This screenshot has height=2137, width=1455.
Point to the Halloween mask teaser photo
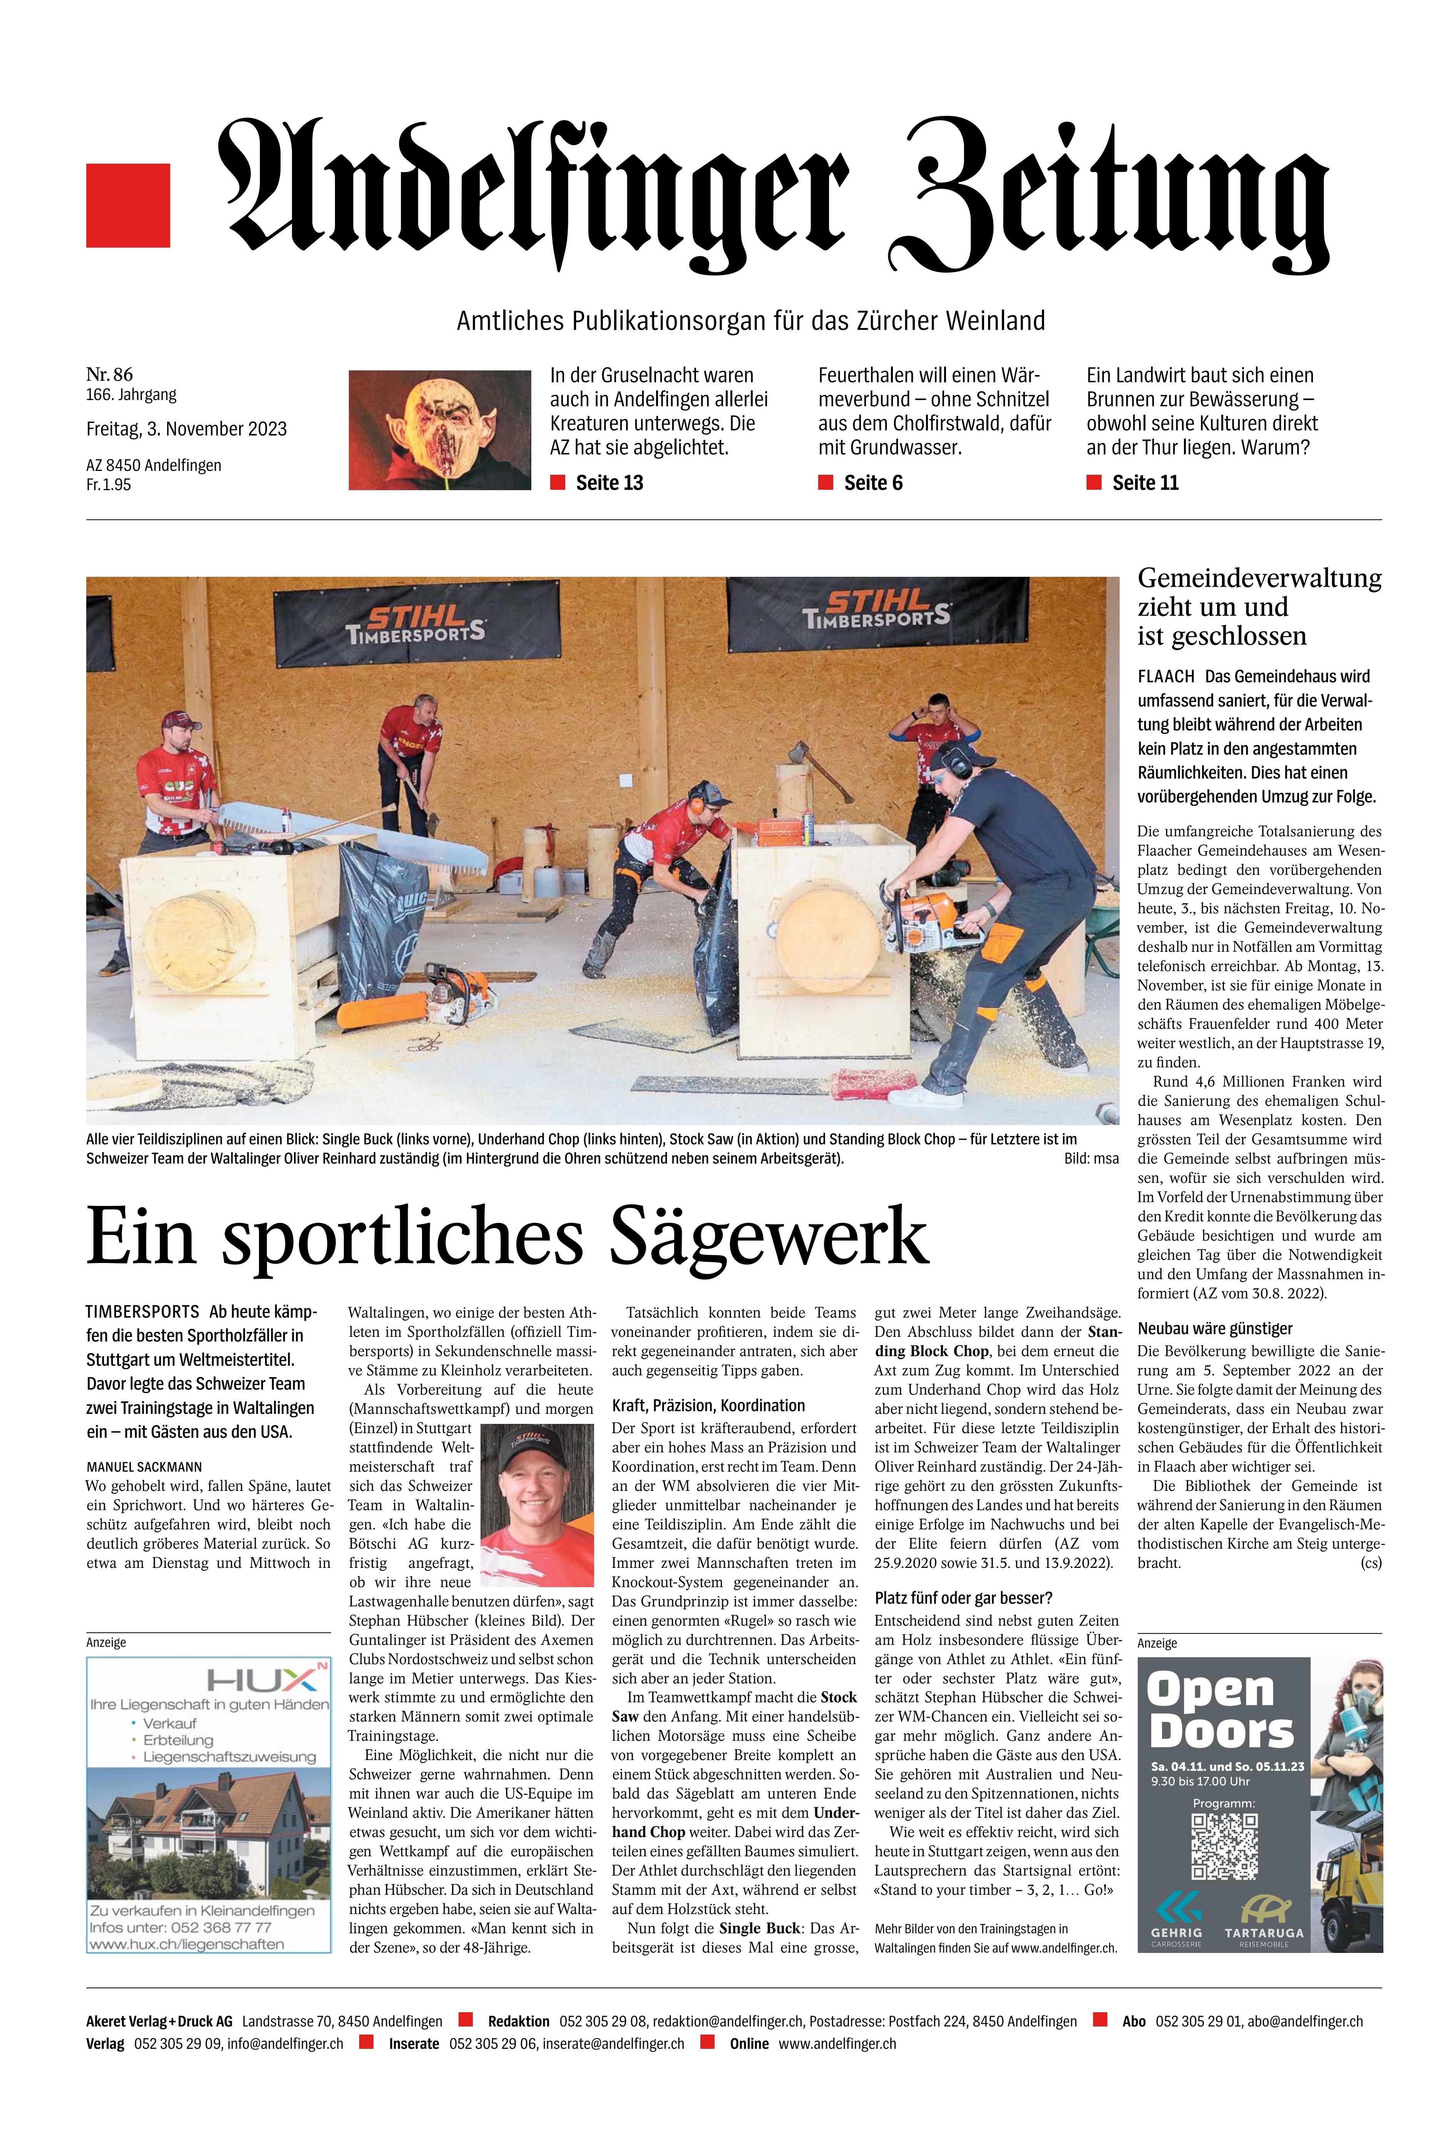(x=440, y=429)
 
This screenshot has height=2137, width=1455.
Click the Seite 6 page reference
(x=873, y=483)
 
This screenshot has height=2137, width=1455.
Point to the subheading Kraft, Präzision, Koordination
(x=708, y=1405)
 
